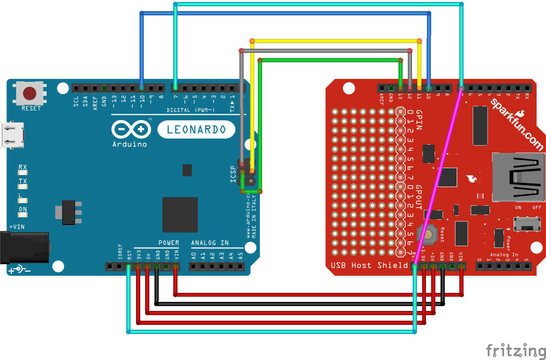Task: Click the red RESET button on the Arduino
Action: pyautogui.click(x=30, y=93)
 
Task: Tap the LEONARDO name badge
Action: pyautogui.click(x=196, y=129)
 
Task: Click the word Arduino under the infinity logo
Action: pyautogui.click(x=129, y=144)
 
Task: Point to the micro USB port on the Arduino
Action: pyautogui.click(x=13, y=135)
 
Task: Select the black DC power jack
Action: pyautogui.click(x=24, y=247)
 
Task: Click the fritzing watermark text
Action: pyautogui.click(x=516, y=350)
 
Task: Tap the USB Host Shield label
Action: pyautogui.click(x=369, y=265)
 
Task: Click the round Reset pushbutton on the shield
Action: pyautogui.click(x=428, y=234)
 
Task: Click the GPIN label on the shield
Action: pyautogui.click(x=419, y=120)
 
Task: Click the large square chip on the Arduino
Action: pyautogui.click(x=180, y=215)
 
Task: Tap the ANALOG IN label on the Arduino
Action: pyautogui.click(x=210, y=243)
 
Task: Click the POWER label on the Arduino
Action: pyautogui.click(x=169, y=243)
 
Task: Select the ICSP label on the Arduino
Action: pyautogui.click(x=233, y=174)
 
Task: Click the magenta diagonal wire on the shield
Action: pyautogui.click(x=438, y=177)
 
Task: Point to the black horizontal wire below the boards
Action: pyautogui.click(x=299, y=304)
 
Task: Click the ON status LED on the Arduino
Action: pyautogui.click(x=23, y=214)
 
